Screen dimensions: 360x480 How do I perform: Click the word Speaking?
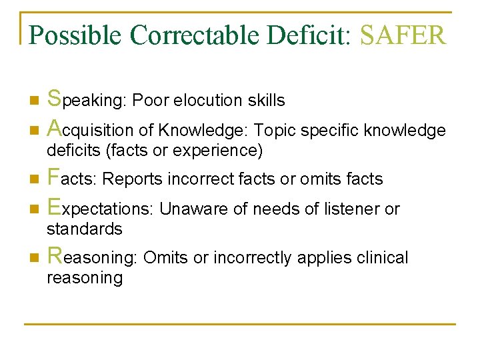click(87, 100)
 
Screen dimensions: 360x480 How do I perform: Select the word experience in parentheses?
click(217, 151)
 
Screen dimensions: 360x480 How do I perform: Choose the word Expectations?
click(99, 209)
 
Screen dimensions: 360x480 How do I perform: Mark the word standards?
click(84, 229)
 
